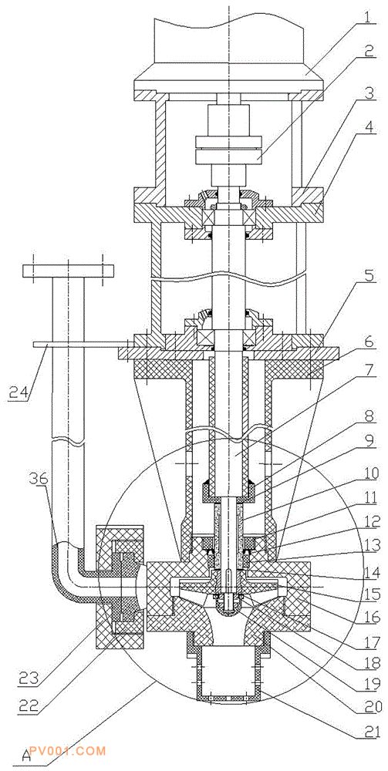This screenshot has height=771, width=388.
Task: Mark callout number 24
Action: click(19, 392)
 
